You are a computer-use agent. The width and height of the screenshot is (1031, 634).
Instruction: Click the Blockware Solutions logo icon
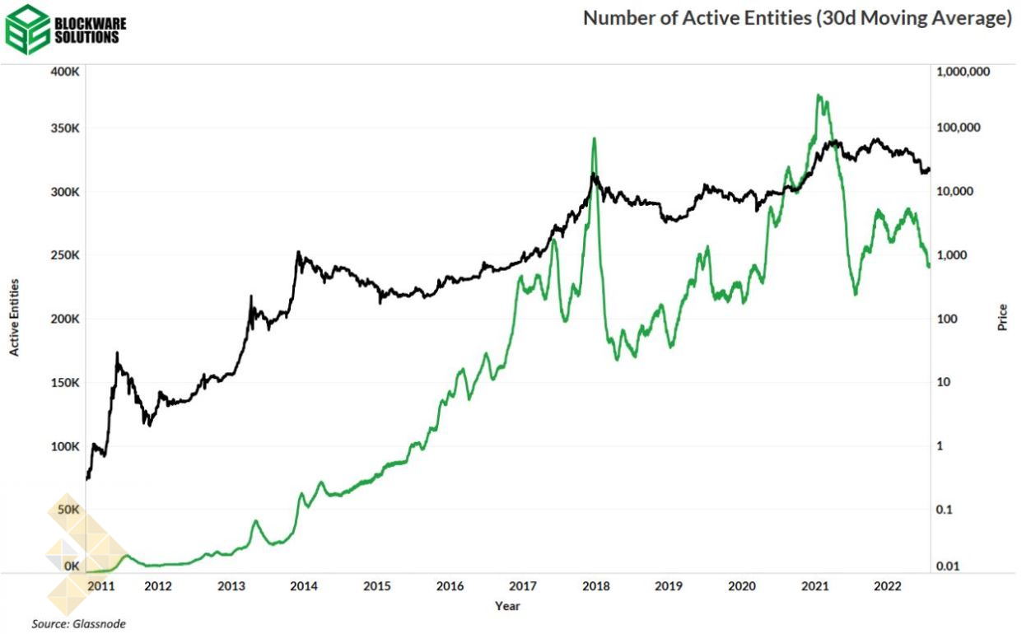[x=27, y=29]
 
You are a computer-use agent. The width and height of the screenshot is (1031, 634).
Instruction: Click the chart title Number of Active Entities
[x=796, y=19]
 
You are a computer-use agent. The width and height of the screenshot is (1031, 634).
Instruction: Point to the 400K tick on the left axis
[x=65, y=72]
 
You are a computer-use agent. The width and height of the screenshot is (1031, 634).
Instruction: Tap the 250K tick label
[x=65, y=255]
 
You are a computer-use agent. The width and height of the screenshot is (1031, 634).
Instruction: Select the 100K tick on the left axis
[x=65, y=446]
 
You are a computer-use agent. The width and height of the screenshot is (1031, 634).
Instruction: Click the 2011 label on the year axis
[x=100, y=587]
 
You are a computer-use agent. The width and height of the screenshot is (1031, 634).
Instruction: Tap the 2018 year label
[x=595, y=587]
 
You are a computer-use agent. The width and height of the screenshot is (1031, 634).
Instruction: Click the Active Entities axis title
[x=14, y=318]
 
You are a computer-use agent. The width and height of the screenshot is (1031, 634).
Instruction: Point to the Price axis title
[x=1002, y=318]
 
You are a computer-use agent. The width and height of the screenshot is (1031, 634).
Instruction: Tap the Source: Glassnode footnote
[x=79, y=624]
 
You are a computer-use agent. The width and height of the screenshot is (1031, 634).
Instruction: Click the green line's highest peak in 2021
[x=818, y=96]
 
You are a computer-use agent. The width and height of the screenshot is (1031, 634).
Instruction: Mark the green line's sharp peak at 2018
[x=594, y=138]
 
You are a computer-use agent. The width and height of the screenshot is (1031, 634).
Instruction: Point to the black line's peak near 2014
[x=298, y=253]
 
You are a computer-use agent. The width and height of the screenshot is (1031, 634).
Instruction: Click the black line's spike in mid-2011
[x=118, y=353]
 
